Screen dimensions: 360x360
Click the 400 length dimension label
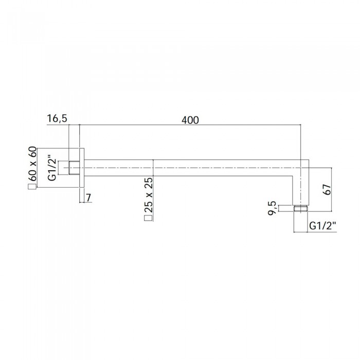190,120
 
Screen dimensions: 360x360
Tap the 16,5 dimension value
57,119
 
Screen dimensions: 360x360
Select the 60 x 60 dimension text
32,164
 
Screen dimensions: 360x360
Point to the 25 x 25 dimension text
148,195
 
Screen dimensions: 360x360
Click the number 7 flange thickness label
88,197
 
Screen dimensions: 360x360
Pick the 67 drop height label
327,189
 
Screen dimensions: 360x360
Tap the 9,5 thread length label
272,208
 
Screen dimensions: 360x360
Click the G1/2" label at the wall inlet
52,168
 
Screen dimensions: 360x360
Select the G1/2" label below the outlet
322,226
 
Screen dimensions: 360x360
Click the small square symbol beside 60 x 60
32,187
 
